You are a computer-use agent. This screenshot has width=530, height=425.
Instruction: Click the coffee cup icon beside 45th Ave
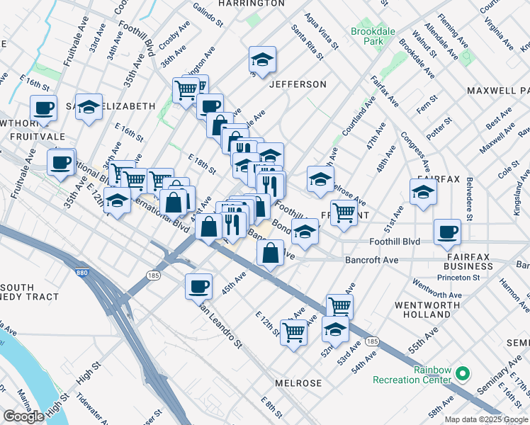(x=198, y=287)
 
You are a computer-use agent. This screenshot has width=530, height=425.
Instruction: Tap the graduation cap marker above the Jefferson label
(x=262, y=61)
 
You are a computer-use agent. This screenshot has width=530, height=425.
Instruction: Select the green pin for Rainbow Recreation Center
(x=462, y=373)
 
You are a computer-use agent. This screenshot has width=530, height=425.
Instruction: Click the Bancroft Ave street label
(x=371, y=261)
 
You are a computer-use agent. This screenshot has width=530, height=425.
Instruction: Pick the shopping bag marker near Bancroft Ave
(x=270, y=253)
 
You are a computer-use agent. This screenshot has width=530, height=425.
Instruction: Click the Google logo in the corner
(x=23, y=416)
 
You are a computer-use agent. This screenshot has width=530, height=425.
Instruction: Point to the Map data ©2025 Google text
(x=487, y=419)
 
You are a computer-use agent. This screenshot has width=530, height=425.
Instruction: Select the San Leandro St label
(x=220, y=327)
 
